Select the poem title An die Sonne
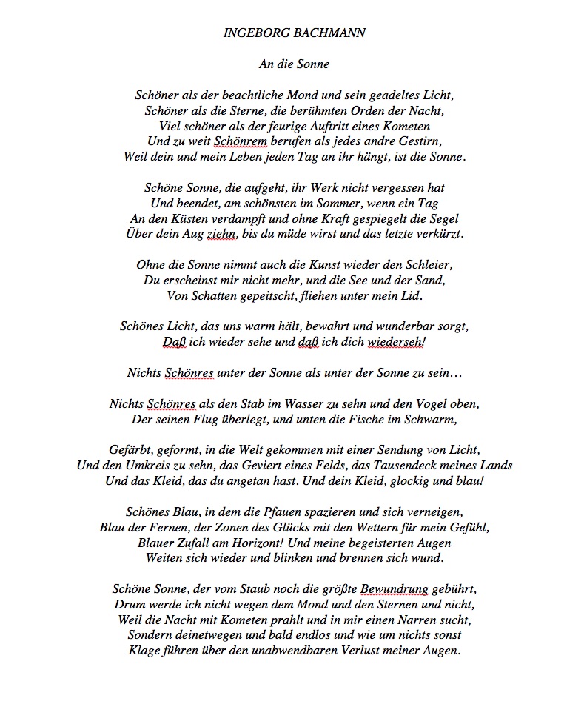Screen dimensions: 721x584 point(294,64)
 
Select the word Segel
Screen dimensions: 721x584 point(443,218)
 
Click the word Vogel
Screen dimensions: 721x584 point(428,404)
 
